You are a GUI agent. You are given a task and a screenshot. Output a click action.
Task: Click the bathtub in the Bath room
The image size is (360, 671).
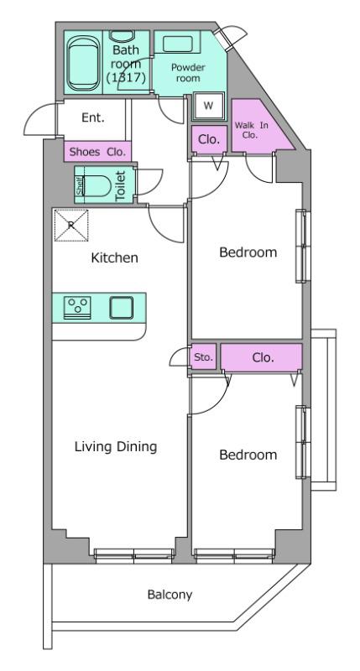pos(83,63)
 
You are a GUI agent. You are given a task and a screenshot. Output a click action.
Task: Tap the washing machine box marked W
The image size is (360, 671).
pos(208,106)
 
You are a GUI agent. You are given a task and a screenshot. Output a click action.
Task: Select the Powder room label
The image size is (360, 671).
pos(188,72)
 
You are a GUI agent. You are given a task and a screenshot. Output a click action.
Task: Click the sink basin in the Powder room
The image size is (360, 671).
pos(178,44)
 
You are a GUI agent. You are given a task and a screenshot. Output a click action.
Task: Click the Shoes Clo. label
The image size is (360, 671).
pos(97,152)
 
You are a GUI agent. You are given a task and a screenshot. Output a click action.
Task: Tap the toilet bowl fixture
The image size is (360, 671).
pos(97,185)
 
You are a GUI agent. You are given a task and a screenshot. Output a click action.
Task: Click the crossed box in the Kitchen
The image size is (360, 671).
pos(71,225)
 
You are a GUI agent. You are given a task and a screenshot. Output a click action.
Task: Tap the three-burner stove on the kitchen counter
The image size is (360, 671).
pos(77,308)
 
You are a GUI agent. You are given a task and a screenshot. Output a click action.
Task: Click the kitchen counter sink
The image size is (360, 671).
pos(121,308)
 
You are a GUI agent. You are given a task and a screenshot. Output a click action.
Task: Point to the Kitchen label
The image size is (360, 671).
pos(114,258)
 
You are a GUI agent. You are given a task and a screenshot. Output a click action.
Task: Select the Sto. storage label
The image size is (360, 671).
pos(203,356)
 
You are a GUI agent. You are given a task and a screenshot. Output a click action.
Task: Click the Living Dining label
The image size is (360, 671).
pos(116,447)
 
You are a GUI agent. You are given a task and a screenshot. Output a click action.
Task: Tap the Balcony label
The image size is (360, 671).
pos(170,595)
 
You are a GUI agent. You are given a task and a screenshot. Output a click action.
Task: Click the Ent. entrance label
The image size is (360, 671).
pos(93,117)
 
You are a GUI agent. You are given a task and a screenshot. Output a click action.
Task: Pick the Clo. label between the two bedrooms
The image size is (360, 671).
pos(263,357)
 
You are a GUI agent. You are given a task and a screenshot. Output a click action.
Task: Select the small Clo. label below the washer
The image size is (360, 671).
pos(209,139)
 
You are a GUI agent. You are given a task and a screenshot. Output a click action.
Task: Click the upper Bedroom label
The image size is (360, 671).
pos(248,252)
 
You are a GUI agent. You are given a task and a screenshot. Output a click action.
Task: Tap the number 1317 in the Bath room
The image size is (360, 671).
pos(126,77)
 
